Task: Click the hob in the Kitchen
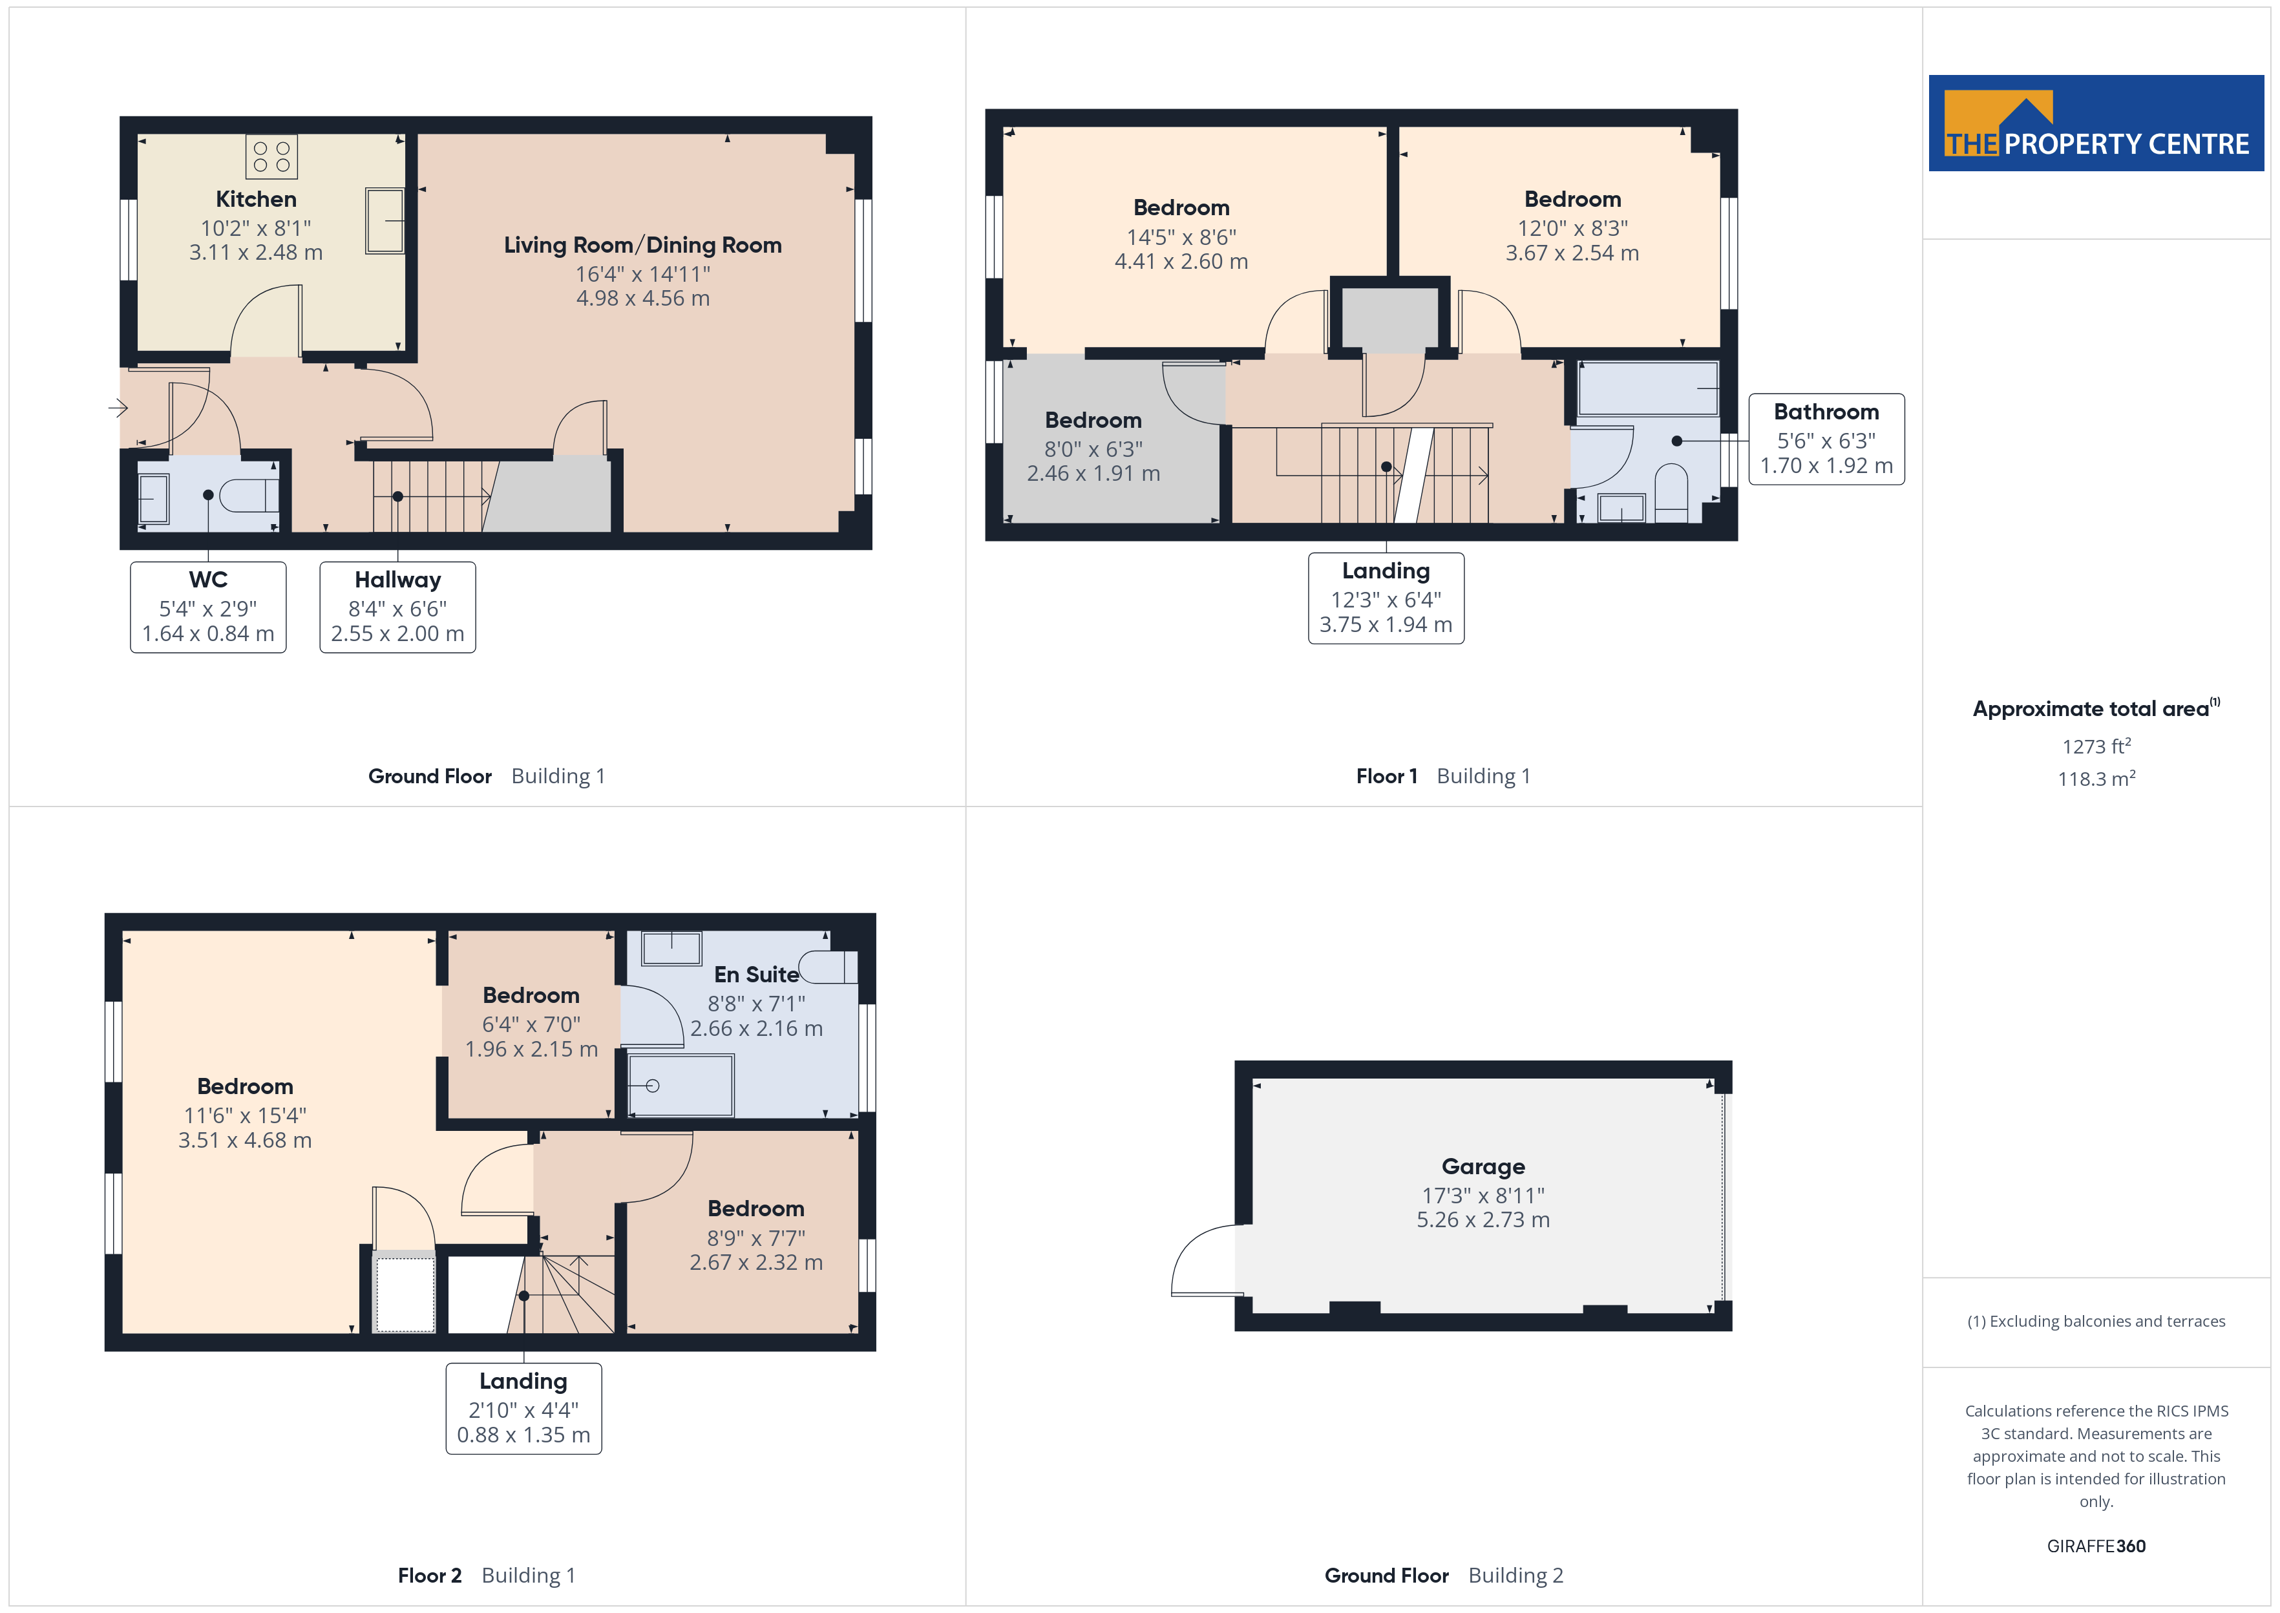(x=271, y=157)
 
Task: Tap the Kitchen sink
(x=385, y=220)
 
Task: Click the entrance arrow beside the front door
(x=118, y=407)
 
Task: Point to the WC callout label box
(x=209, y=607)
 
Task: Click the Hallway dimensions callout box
(x=397, y=607)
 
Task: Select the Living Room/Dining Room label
(x=642, y=246)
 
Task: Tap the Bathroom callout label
(x=1826, y=439)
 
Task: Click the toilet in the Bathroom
(x=1671, y=492)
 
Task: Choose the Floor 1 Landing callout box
(x=1386, y=598)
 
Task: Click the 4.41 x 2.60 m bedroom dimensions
(x=1181, y=261)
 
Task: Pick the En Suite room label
(x=755, y=975)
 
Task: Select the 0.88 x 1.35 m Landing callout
(x=523, y=1408)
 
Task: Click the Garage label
(x=1483, y=1166)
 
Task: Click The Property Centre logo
(x=2096, y=123)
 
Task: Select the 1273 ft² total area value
(x=2096, y=746)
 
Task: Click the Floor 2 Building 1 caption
(x=487, y=1576)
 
